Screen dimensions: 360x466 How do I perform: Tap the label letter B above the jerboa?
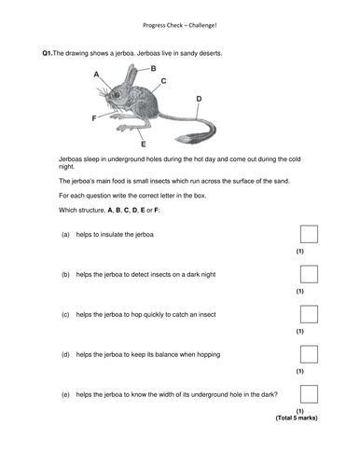[x=154, y=68]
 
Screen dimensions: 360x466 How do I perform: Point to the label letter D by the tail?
[x=199, y=98]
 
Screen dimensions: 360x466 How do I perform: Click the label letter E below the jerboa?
[x=142, y=146]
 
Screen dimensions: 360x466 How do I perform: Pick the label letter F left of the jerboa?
[x=93, y=118]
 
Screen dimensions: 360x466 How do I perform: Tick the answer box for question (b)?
[x=310, y=274]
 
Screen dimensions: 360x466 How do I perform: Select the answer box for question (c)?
[x=310, y=315]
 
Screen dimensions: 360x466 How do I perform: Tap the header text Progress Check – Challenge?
[x=179, y=24]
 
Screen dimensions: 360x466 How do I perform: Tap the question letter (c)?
[x=65, y=315]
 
